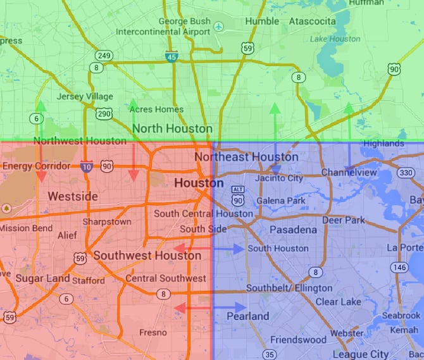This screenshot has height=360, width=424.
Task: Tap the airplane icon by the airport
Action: (219, 27)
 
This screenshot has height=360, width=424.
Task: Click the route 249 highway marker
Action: (104, 56)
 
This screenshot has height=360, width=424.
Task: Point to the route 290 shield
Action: (104, 113)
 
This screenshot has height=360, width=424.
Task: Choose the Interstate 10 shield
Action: (87, 166)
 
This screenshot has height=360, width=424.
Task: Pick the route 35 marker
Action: (270, 354)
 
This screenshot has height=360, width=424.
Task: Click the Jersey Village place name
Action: (85, 97)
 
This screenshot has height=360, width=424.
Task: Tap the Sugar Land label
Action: (39, 278)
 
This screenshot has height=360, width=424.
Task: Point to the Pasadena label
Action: (293, 230)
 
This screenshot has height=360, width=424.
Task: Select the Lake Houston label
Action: (335, 39)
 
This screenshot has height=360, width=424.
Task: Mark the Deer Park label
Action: (344, 220)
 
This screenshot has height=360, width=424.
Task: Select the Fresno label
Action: (153, 332)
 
